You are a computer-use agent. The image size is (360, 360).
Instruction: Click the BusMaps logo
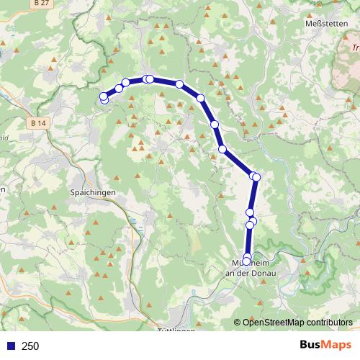[x=326, y=345]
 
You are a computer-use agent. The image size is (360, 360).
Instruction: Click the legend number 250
[x=31, y=346]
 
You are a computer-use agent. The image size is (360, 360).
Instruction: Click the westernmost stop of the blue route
[x=103, y=96]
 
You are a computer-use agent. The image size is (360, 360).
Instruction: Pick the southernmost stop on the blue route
[x=247, y=261]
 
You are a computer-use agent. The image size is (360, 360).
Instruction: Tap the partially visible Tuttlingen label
[x=175, y=330]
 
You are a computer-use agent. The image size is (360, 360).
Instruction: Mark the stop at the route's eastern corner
[x=256, y=176]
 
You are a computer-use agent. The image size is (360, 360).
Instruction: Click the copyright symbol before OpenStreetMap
[x=237, y=322]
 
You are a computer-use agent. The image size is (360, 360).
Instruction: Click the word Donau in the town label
[x=269, y=273]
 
